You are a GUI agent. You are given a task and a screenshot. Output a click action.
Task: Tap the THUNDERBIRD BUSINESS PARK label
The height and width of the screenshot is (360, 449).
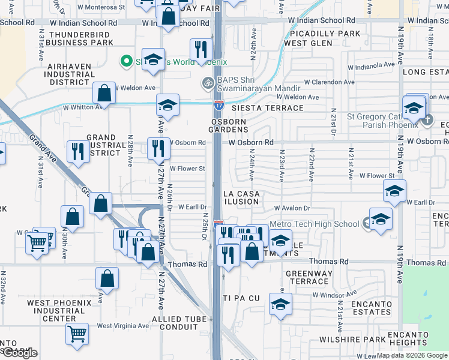(82, 39)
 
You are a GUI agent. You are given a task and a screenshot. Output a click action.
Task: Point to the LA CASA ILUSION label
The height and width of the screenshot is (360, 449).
(241, 197)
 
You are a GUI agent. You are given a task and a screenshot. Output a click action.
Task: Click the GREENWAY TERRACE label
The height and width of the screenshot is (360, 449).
(309, 278)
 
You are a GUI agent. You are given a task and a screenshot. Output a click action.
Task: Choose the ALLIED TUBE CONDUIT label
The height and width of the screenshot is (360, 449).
(175, 323)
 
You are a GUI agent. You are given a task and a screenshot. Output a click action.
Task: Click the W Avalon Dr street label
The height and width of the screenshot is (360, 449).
(292, 208)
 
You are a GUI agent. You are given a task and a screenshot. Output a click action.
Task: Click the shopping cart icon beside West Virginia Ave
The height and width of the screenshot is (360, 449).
(77, 334)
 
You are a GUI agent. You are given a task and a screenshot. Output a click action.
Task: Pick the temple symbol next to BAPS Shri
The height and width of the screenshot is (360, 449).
(208, 82)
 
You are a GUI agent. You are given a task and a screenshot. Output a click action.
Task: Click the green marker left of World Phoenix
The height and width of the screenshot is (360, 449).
(126, 61)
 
